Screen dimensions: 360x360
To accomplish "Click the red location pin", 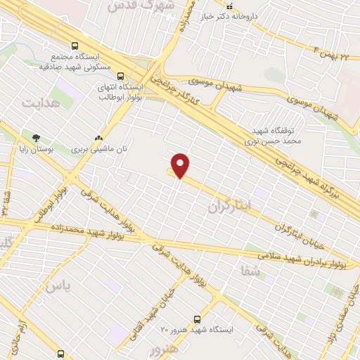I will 181,165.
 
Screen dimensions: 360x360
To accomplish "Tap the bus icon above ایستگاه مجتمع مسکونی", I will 75,46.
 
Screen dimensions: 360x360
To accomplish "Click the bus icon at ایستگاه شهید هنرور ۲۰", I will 197,319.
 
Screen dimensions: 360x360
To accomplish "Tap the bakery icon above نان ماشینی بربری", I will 99,138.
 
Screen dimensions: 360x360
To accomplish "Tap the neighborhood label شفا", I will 250,271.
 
